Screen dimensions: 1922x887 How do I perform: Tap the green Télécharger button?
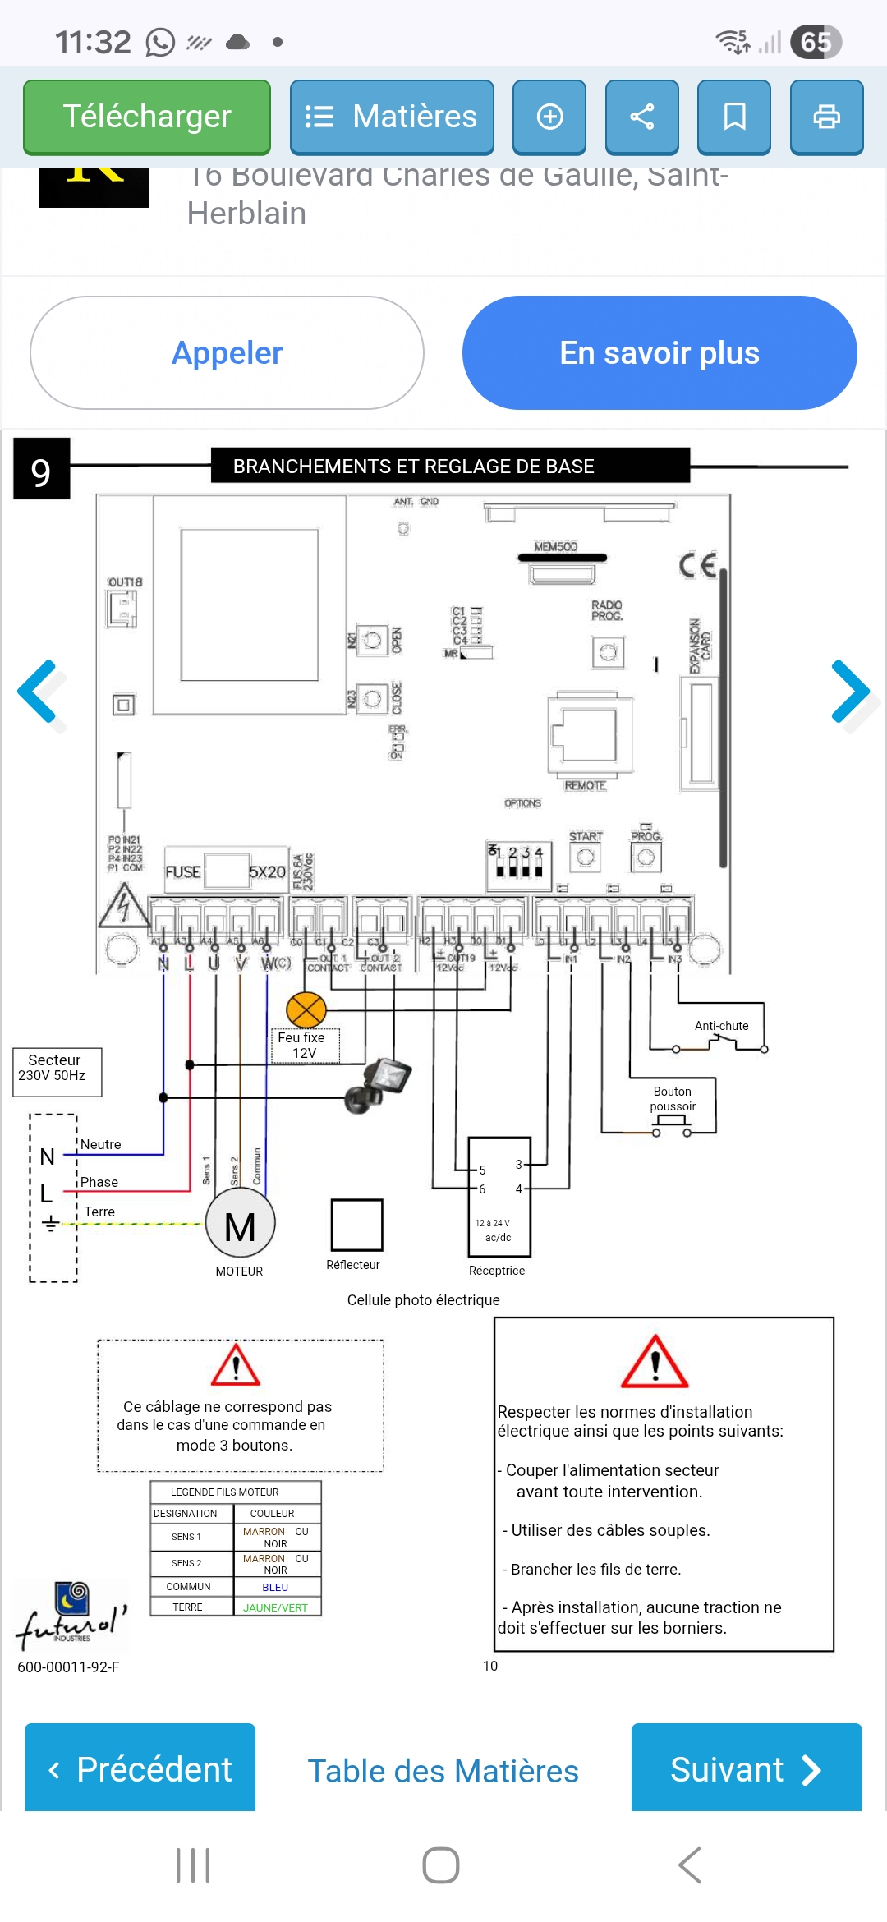pos(147,117)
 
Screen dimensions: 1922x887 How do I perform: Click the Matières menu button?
pos(392,117)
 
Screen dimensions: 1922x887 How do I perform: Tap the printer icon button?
pos(826,117)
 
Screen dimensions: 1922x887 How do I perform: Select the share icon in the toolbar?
pos(641,117)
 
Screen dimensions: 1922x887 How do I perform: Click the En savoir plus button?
pos(660,353)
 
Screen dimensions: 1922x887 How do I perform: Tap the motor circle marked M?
pos(240,1225)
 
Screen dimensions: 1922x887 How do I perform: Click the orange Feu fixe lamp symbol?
pos(306,1010)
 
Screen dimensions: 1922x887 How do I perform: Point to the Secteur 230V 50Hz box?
pos(57,1070)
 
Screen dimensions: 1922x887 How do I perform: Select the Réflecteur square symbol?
pos(356,1225)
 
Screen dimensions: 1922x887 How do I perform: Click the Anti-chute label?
pos(721,1026)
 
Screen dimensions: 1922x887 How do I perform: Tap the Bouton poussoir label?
pos(673,1099)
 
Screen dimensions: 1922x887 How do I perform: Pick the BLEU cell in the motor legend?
pos(276,1588)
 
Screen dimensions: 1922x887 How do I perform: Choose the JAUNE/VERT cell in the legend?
pos(276,1608)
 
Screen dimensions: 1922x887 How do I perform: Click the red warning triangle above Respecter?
pos(655,1363)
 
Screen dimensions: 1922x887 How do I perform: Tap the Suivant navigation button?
pos(746,1769)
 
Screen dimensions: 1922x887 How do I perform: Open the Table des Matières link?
pos(443,1771)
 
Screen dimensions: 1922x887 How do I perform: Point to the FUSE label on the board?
pos(183,871)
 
